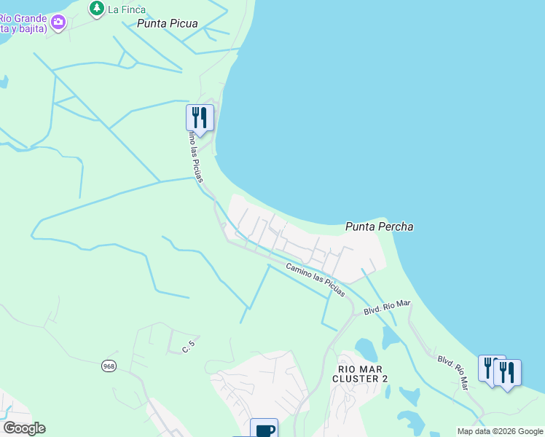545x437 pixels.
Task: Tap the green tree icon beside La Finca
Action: point(96,9)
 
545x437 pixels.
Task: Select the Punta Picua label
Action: point(167,23)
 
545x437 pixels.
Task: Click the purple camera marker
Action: point(58,23)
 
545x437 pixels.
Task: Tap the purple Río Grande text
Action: point(22,17)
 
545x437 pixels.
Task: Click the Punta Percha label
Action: point(379,227)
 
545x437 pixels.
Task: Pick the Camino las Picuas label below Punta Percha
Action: point(315,280)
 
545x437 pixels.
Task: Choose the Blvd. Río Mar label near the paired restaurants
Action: point(452,370)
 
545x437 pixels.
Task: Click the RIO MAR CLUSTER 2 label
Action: point(361,374)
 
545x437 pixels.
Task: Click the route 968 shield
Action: point(109,366)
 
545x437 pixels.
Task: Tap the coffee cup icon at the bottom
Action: point(264,429)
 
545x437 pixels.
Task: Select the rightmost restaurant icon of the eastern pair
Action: point(507,372)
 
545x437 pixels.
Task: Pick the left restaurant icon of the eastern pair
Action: point(490,367)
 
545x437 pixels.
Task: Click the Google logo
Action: point(25,428)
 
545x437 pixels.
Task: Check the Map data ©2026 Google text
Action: point(499,431)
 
